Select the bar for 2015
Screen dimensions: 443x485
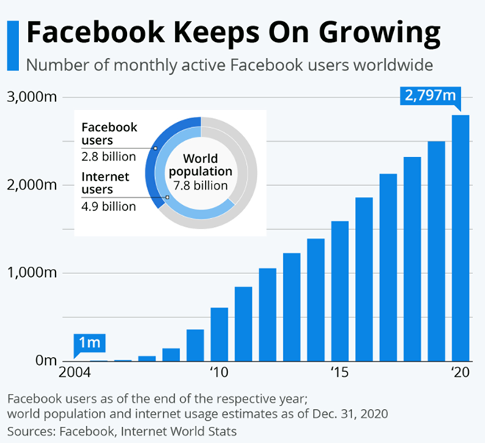point(340,291)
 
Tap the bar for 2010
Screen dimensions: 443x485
point(219,334)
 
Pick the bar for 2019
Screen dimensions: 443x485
point(436,251)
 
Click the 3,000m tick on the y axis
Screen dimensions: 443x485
point(31,97)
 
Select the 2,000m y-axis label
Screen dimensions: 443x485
point(31,185)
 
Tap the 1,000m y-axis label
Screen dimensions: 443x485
point(31,273)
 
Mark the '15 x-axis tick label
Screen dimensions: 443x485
point(339,372)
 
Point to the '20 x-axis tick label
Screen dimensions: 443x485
point(460,372)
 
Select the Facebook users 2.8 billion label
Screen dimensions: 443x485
point(109,141)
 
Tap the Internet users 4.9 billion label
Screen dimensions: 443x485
point(109,191)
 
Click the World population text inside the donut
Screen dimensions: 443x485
point(201,172)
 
